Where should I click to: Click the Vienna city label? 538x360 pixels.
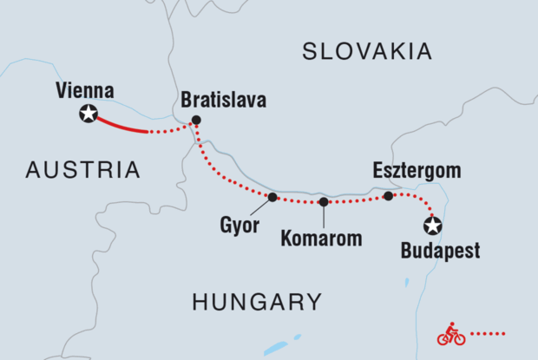pos(85,90)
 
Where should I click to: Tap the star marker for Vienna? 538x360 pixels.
pos(88,113)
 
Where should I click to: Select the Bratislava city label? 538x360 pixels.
pos(223,100)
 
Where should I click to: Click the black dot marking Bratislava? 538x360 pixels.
pos(196,120)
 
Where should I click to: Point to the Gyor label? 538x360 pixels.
pos(235,226)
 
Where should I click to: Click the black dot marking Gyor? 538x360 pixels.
pos(272,197)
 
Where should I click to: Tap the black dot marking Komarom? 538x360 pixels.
pos(324,202)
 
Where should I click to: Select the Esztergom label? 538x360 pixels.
pos(418,170)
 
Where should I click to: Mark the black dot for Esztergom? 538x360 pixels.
pos(388,196)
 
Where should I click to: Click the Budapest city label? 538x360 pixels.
pos(441,252)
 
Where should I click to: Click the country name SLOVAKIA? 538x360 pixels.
pos(366,52)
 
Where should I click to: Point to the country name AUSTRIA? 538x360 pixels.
pos(83,170)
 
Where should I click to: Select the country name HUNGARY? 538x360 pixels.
pos(257,302)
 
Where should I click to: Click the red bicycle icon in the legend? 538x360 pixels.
pos(450,334)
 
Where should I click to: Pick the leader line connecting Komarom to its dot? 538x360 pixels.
pos(324,217)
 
